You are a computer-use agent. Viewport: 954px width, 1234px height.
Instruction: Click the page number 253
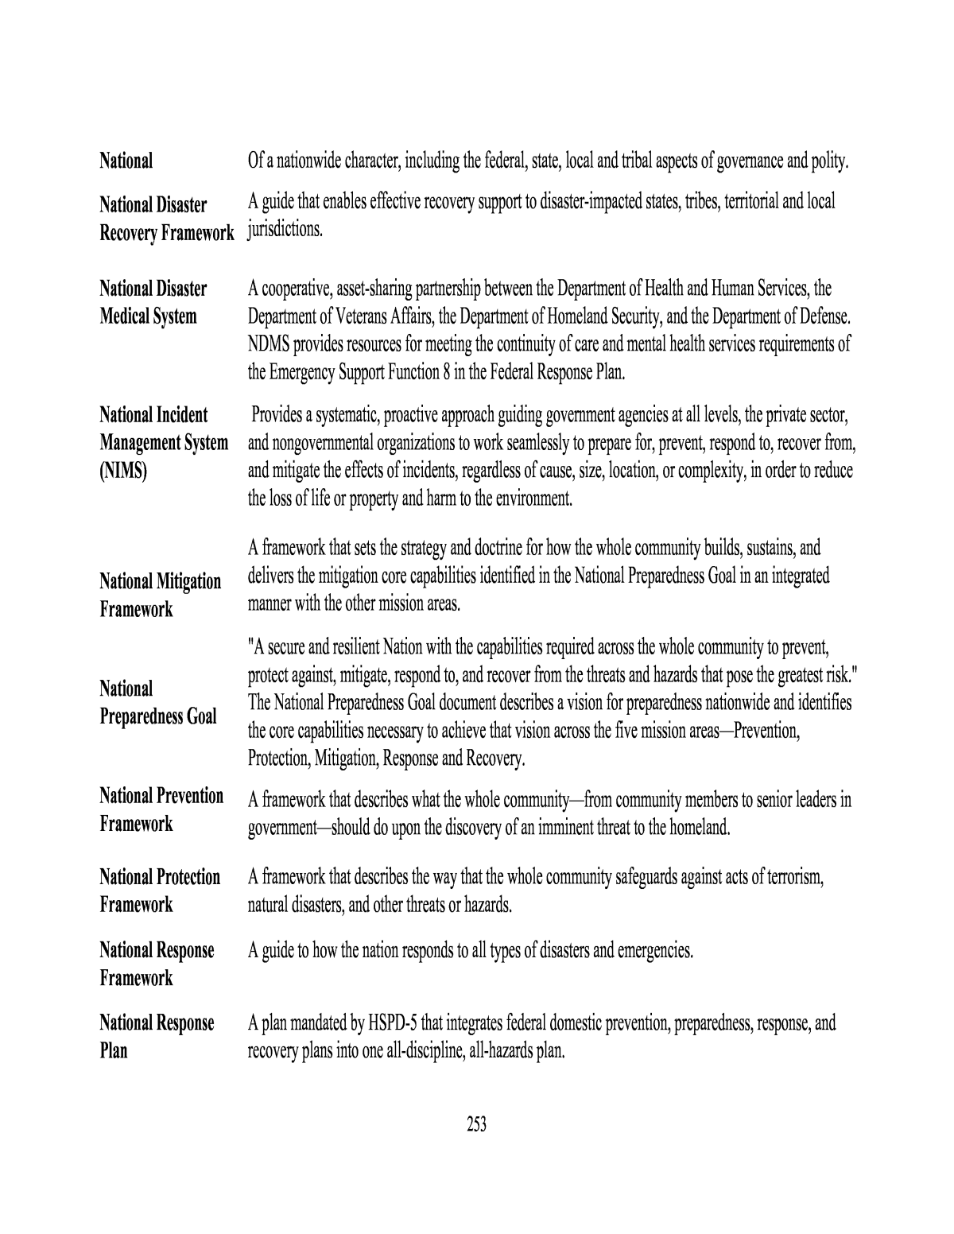[x=477, y=1124]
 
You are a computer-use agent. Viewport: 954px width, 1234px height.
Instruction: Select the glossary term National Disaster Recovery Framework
[x=166, y=219]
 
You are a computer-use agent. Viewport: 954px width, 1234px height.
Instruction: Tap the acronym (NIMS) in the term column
[x=123, y=471]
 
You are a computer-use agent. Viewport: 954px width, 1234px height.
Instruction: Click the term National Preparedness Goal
[x=157, y=702]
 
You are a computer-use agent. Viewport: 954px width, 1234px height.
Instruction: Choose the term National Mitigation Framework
[x=160, y=595]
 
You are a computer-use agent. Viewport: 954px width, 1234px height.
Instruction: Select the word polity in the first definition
[x=830, y=162]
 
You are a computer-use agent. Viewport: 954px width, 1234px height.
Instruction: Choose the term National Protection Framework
[x=160, y=891]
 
